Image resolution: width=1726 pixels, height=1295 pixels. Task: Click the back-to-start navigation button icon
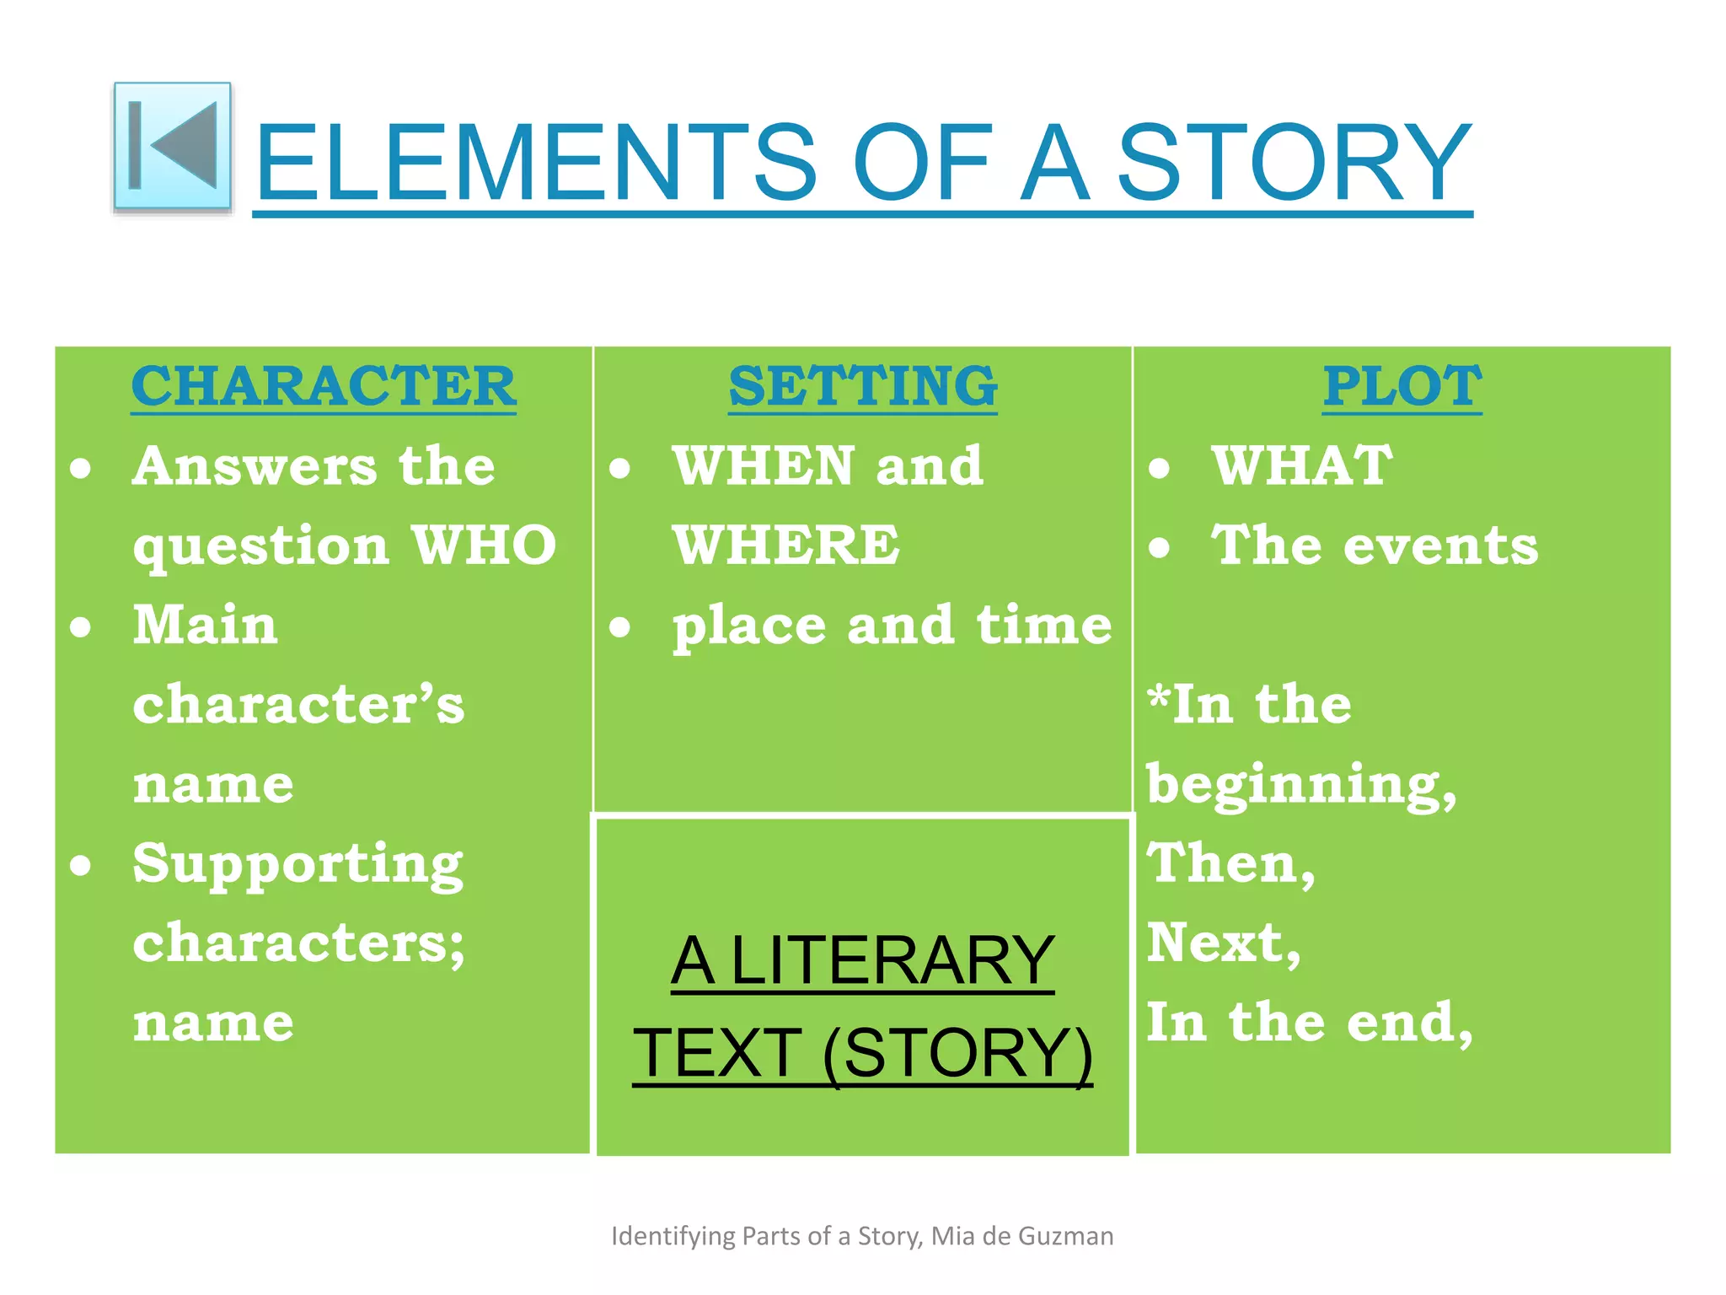point(173,147)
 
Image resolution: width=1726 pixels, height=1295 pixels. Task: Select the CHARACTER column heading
point(324,386)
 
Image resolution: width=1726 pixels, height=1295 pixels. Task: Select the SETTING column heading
point(863,386)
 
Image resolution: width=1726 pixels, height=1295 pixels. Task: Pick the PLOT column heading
point(1402,386)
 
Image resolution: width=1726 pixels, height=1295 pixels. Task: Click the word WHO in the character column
point(485,545)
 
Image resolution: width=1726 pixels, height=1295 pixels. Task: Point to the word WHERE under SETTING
point(786,545)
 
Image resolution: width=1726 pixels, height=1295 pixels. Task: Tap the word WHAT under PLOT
point(1302,465)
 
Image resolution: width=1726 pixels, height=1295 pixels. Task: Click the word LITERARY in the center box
point(892,960)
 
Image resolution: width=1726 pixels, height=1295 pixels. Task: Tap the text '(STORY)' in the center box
point(957,1053)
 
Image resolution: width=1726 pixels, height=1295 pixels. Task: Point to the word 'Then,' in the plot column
point(1231,864)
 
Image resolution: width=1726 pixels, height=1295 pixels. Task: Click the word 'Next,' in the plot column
point(1224,943)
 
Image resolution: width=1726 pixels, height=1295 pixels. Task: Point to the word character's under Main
point(298,705)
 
